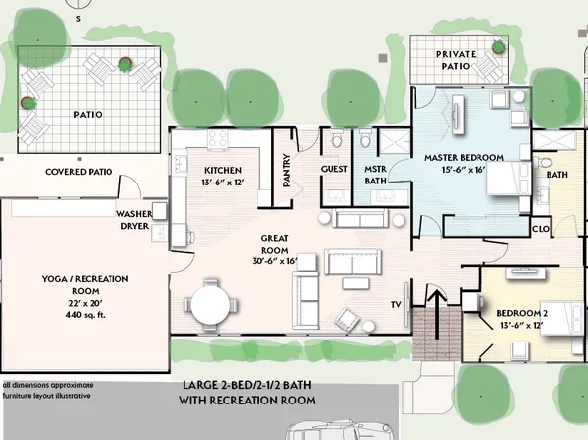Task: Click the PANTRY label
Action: point(287,170)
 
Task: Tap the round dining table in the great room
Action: point(210,305)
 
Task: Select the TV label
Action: point(396,305)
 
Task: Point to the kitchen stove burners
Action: point(218,139)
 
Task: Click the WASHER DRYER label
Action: point(134,220)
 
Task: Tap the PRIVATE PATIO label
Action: point(456,60)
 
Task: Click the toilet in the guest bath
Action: point(336,138)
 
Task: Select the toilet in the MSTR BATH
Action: point(365,138)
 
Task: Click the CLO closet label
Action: point(541,229)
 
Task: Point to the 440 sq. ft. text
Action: point(86,315)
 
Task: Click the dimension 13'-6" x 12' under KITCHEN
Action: point(223,183)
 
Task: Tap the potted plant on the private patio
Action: point(498,47)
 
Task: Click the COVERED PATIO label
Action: point(79,172)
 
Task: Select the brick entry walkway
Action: point(437,333)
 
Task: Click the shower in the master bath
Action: point(394,142)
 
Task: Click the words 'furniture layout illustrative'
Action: point(47,396)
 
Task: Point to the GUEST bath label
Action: point(334,169)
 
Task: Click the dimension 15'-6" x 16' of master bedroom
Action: point(464,170)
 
